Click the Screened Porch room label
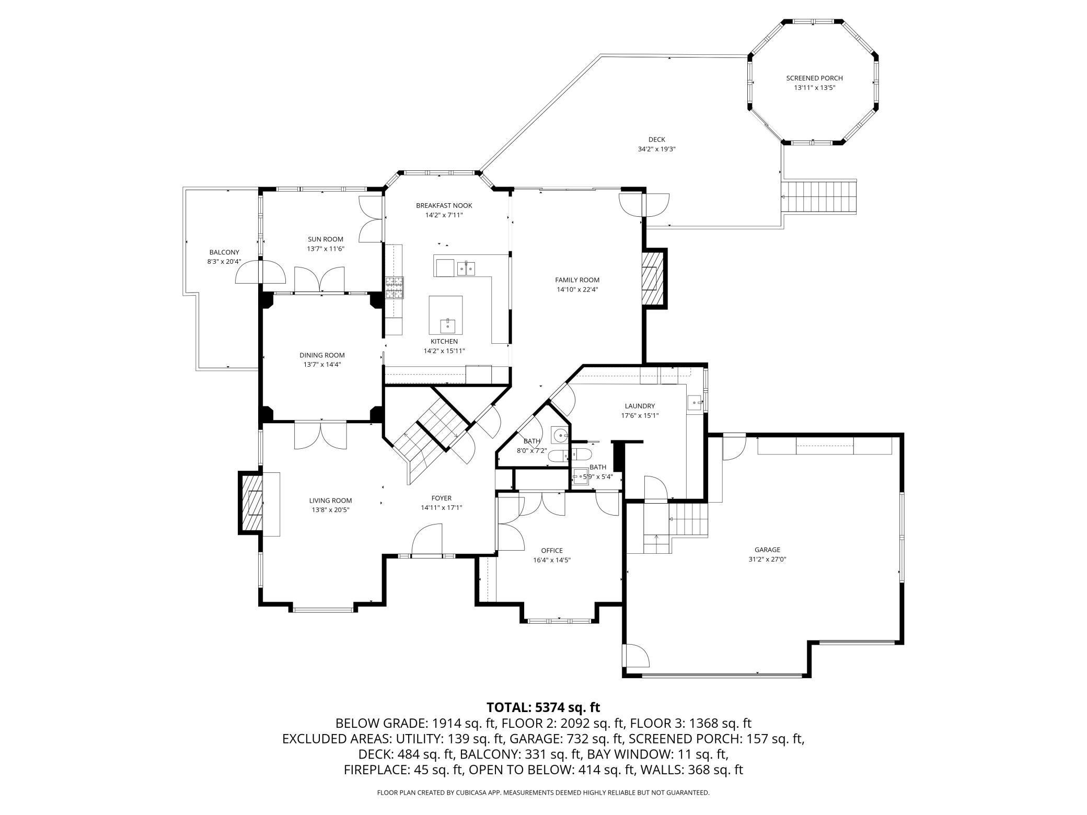click(814, 78)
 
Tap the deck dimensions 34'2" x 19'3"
click(657, 149)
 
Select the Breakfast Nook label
click(444, 205)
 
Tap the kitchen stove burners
click(395, 287)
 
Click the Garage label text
click(767, 550)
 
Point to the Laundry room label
click(640, 406)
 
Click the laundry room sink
click(695, 402)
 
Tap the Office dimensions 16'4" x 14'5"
click(552, 560)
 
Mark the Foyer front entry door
click(427, 539)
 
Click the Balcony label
click(224, 252)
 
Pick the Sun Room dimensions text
click(326, 249)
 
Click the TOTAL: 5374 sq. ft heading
click(543, 707)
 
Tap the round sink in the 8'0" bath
click(560, 434)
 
